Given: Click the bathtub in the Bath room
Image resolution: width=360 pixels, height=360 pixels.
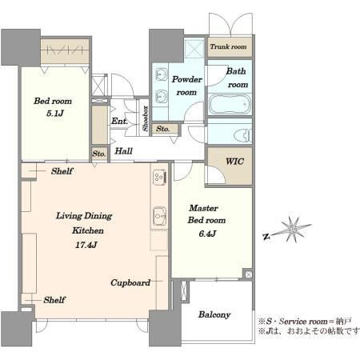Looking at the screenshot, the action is pyautogui.click(x=230, y=104).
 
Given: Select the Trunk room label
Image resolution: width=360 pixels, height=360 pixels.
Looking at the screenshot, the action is pyautogui.click(x=228, y=46).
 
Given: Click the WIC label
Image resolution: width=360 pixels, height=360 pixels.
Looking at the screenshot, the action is pyautogui.click(x=234, y=162).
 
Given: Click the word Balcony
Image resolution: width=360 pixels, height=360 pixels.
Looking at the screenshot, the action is pyautogui.click(x=214, y=314).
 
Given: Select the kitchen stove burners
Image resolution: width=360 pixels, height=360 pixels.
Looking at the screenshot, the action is pyautogui.click(x=159, y=178).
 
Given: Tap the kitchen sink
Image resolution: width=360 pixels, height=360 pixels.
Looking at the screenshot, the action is pyautogui.click(x=160, y=216).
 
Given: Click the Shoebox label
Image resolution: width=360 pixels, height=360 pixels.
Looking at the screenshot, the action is pyautogui.click(x=145, y=118).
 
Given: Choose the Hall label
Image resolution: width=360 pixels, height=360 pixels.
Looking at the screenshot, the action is pyautogui.click(x=123, y=151).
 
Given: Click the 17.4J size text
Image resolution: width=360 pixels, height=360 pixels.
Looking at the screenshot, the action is pyautogui.click(x=86, y=245).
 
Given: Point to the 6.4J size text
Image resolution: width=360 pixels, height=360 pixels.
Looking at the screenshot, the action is pyautogui.click(x=207, y=234).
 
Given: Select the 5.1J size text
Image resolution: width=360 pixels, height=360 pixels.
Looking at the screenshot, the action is pyautogui.click(x=55, y=114).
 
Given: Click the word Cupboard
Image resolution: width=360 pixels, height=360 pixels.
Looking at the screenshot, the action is pyautogui.click(x=130, y=282).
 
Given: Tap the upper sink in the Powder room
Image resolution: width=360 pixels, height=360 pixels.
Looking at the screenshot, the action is pyautogui.click(x=161, y=74).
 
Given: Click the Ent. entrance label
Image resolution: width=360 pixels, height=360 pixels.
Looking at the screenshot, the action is pyautogui.click(x=119, y=122).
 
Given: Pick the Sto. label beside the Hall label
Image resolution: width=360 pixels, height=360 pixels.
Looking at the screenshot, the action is pyautogui.click(x=99, y=154).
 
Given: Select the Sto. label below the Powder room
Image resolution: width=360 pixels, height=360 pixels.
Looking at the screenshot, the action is pyautogui.click(x=162, y=129).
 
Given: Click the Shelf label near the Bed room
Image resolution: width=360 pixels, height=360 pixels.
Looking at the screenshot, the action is pyautogui.click(x=62, y=171).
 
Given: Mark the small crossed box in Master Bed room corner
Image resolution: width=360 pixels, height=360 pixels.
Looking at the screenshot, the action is pyautogui.click(x=248, y=274).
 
